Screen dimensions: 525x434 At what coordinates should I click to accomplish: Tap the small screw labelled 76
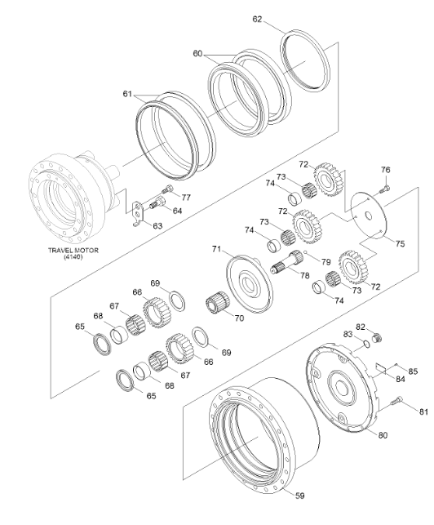pos(384,187)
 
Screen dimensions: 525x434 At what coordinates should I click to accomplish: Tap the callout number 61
pos(126,95)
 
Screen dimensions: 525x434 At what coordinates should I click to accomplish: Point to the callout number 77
pos(186,197)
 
